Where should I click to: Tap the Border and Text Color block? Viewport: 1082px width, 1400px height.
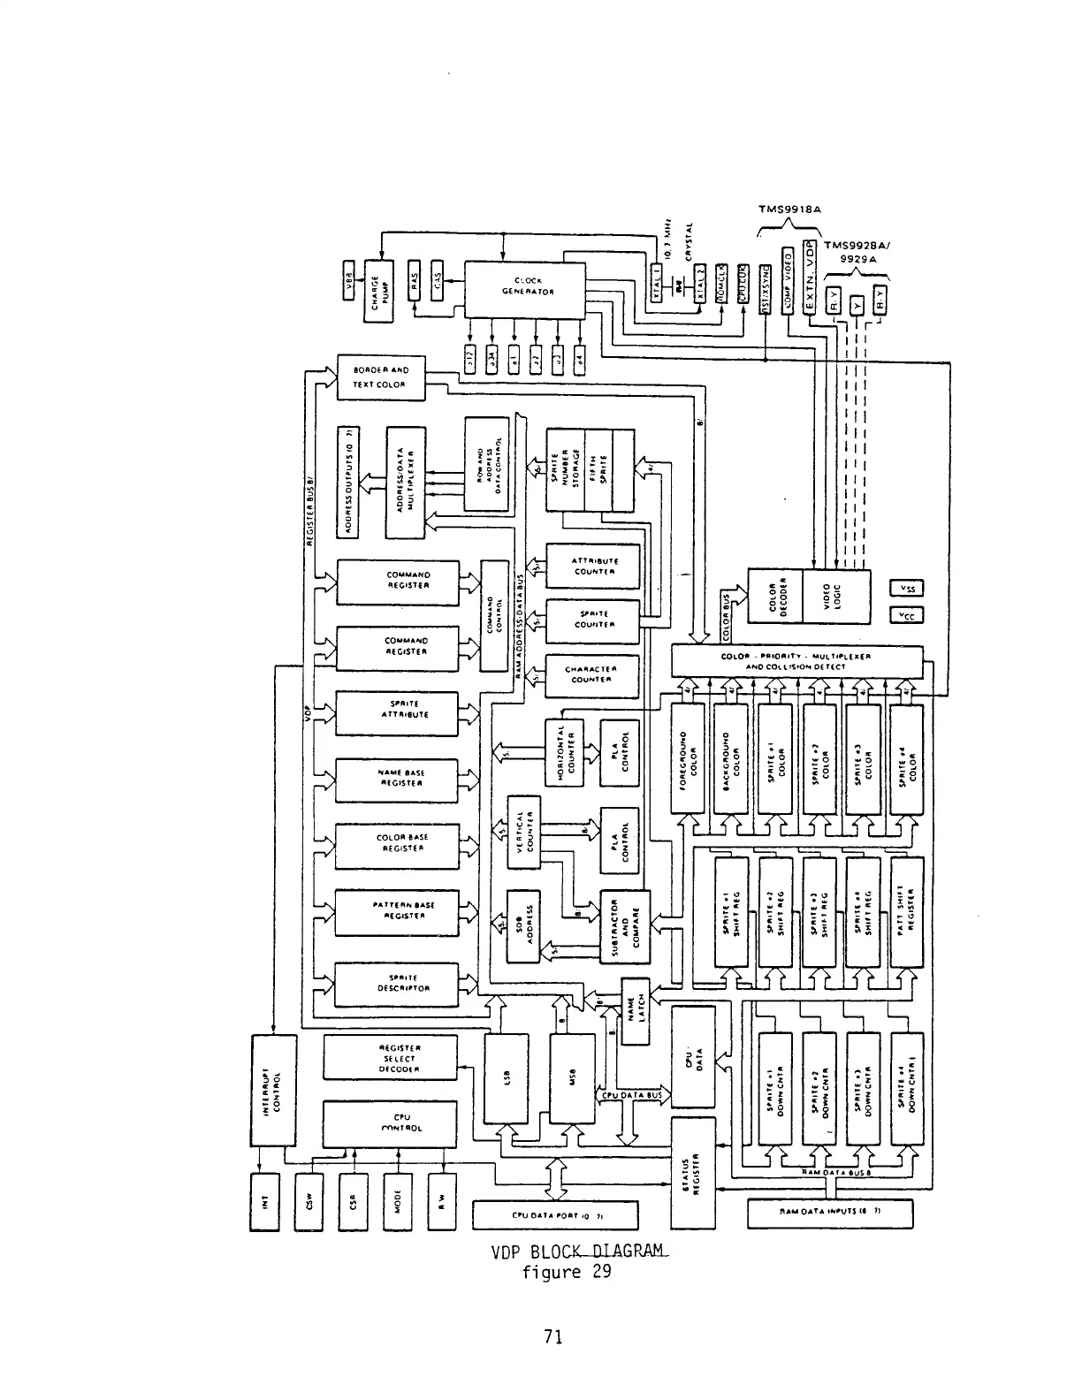pyautogui.click(x=381, y=377)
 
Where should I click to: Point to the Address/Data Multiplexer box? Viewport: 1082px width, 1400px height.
pyautogui.click(x=406, y=482)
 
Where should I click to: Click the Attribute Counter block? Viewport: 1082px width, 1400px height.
pyautogui.click(x=594, y=566)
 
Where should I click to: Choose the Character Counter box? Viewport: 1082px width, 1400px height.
pyautogui.click(x=594, y=674)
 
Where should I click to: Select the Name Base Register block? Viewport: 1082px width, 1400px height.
pyautogui.click(x=397, y=778)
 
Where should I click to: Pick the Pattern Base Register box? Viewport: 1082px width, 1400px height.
pyautogui.click(x=397, y=910)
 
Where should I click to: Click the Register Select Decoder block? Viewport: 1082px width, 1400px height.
pyautogui.click(x=390, y=1058)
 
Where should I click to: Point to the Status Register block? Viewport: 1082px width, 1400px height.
pyautogui.click(x=694, y=1172)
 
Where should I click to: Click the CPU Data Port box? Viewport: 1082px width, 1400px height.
pyautogui.click(x=555, y=1215)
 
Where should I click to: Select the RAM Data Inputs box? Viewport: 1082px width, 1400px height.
pyautogui.click(x=830, y=1214)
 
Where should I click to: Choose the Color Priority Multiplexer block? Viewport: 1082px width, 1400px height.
pyautogui.click(x=797, y=662)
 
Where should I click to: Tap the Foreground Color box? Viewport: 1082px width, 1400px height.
pyautogui.click(x=690, y=759)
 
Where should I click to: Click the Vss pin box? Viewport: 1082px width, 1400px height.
pyautogui.click(x=906, y=590)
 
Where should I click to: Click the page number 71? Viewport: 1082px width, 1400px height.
pyautogui.click(x=553, y=1337)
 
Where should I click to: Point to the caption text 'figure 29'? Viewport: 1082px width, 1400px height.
pyautogui.click(x=566, y=1273)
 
